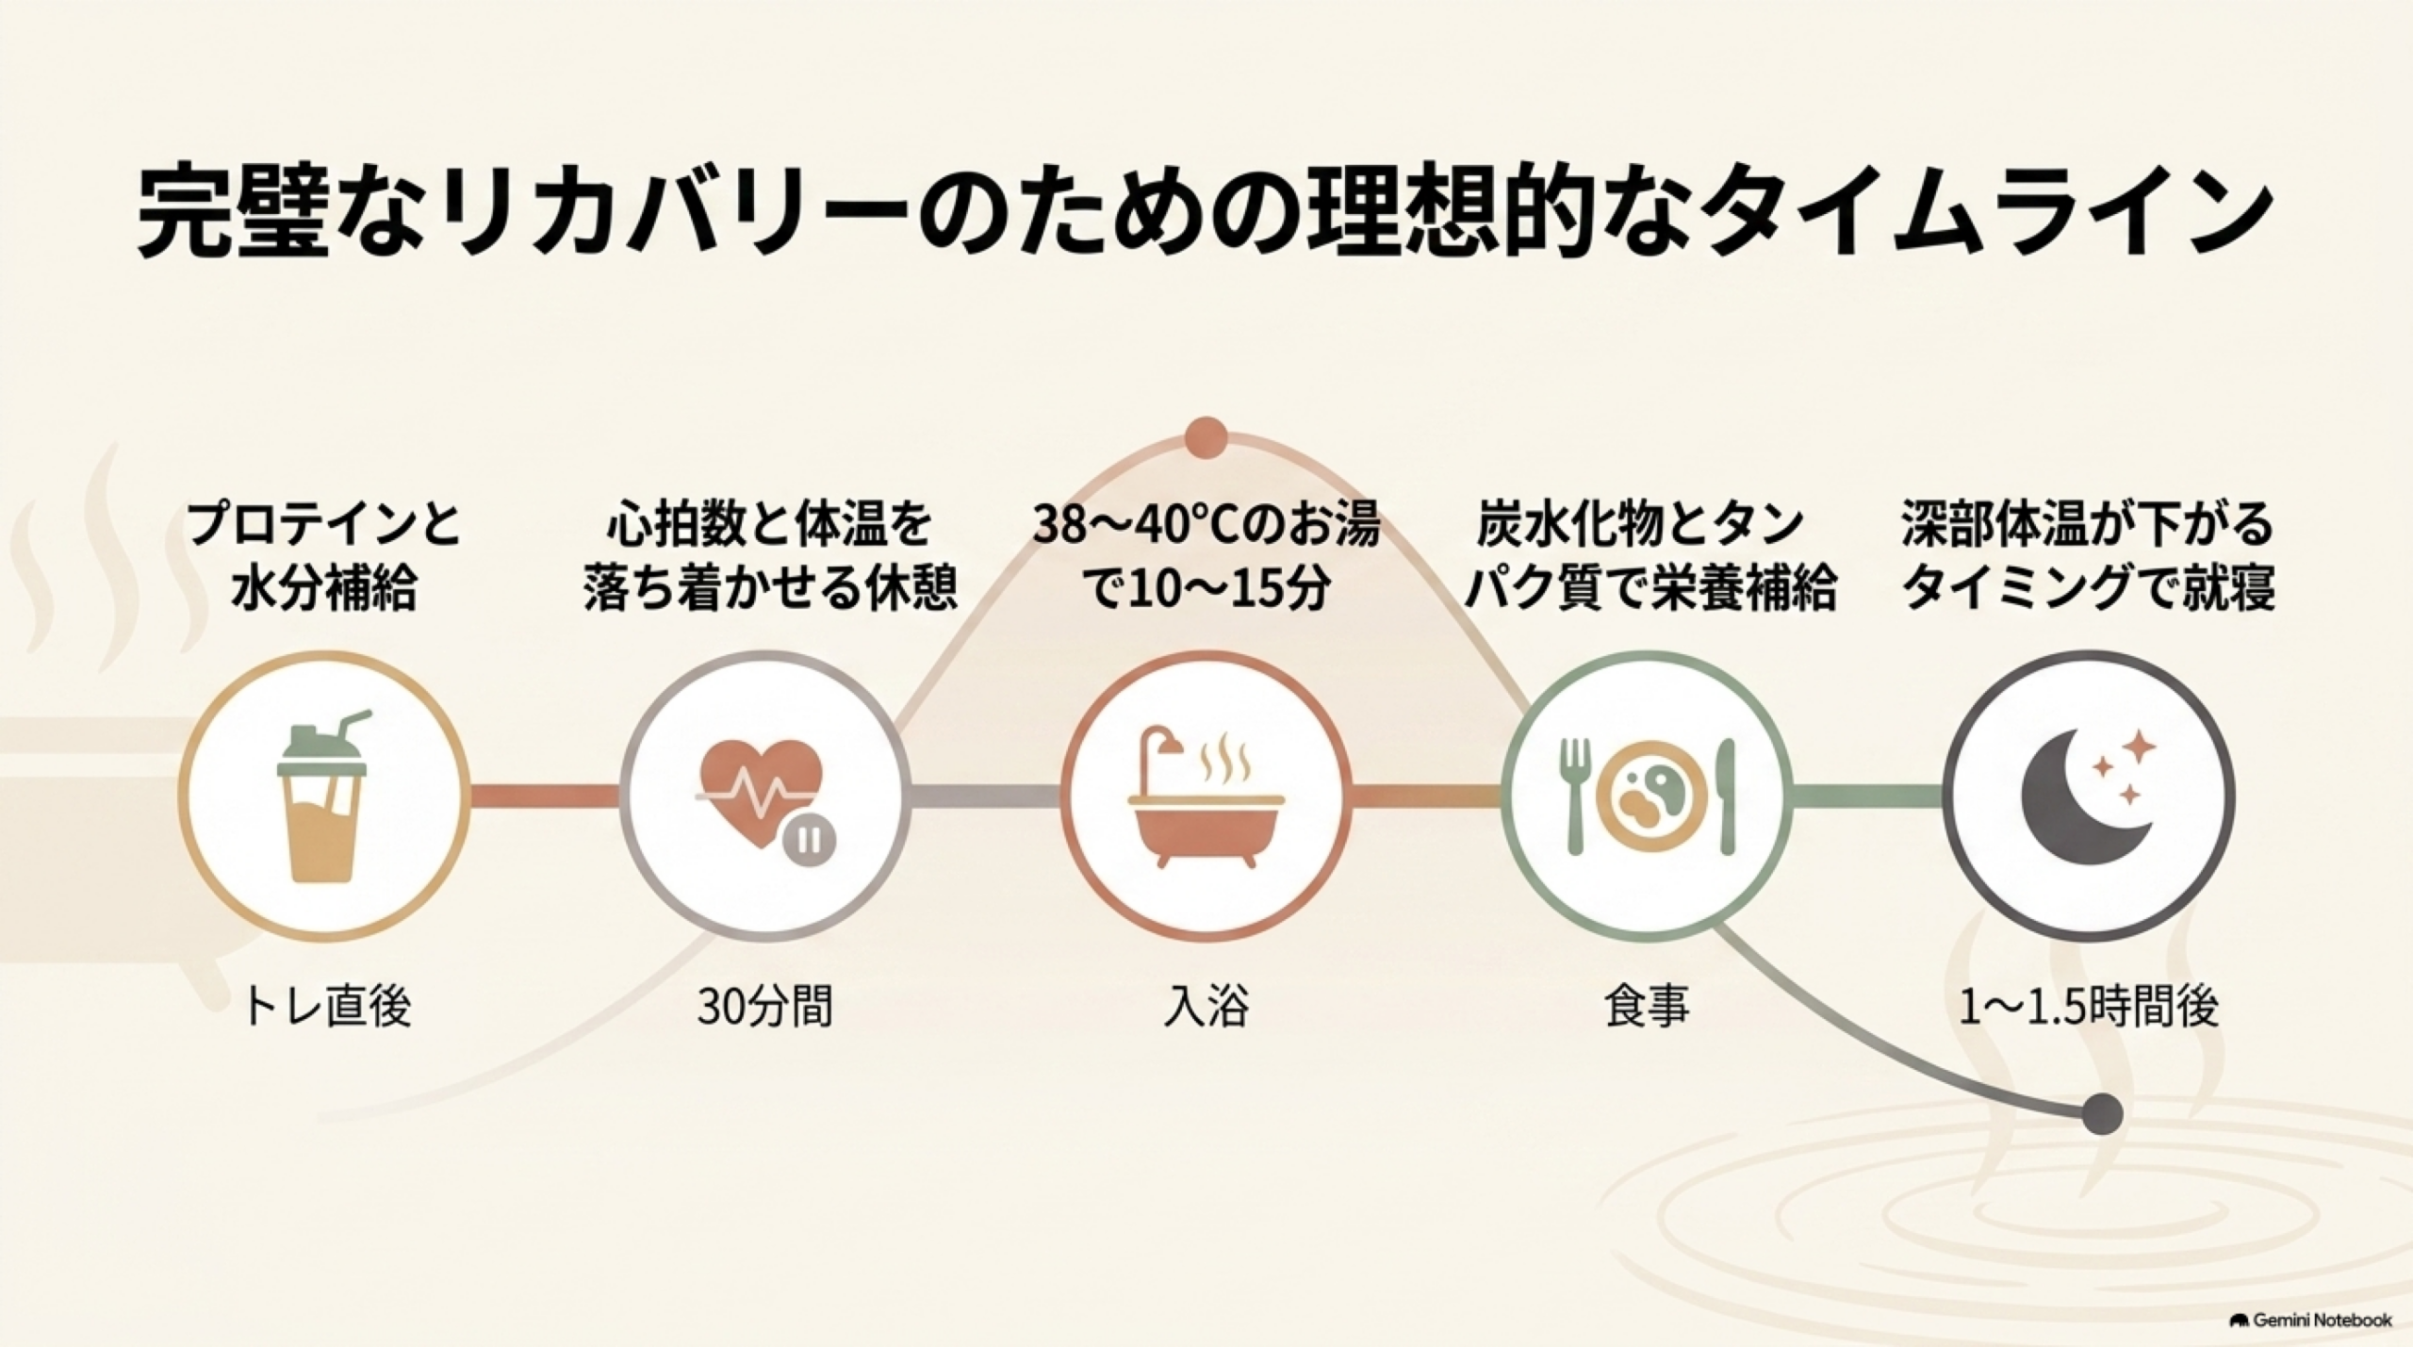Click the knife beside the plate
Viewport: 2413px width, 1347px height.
tap(1726, 797)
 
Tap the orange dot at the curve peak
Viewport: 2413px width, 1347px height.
tap(1206, 437)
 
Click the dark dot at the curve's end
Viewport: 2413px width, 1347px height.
tap(2101, 1113)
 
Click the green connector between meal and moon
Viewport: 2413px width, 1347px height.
tap(1866, 797)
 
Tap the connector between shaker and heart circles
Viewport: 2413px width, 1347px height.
tap(545, 797)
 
